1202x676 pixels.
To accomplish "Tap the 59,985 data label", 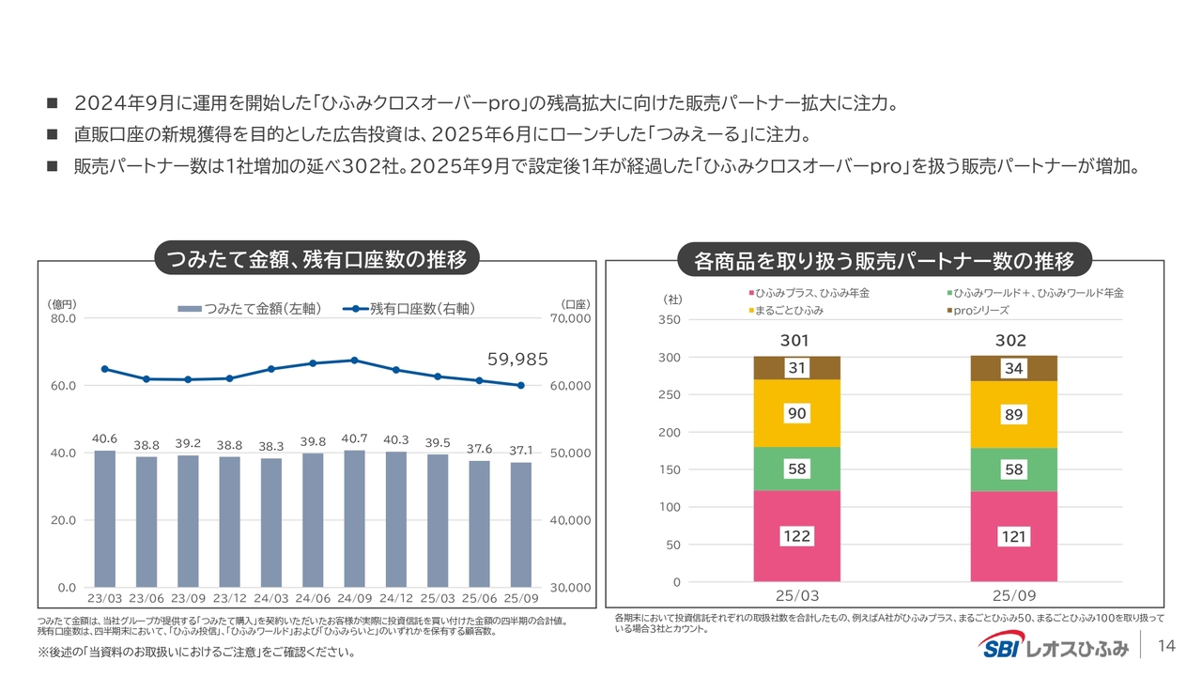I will (517, 359).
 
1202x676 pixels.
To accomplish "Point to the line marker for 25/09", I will (520, 385).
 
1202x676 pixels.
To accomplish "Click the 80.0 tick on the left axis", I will (64, 318).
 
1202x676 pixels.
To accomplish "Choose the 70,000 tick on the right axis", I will (569, 318).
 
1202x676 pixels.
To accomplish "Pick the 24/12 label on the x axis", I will (395, 597).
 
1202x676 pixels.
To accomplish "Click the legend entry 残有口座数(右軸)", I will (409, 308).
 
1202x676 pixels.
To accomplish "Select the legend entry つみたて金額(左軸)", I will (249, 308).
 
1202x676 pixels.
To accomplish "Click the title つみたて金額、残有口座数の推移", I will (316, 258).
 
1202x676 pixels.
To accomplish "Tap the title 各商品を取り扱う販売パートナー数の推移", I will (884, 259).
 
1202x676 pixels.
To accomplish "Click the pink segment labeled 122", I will (796, 536).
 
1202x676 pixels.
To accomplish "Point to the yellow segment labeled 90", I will (796, 414).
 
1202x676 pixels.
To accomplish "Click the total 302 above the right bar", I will (1011, 340).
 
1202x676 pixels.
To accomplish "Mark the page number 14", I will (1167, 645).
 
